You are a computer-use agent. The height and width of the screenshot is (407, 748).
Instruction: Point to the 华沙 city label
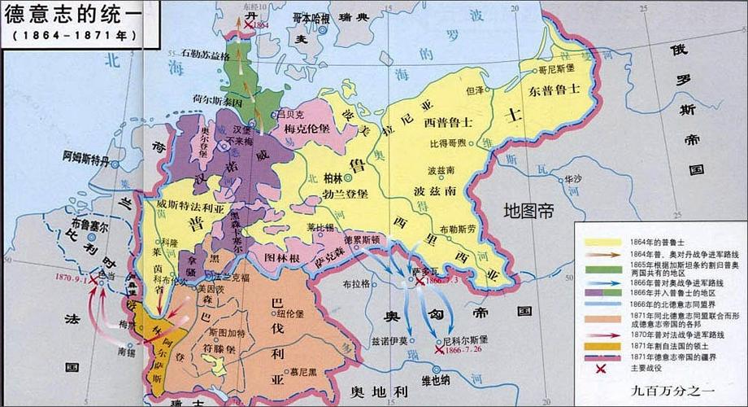click(574, 178)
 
